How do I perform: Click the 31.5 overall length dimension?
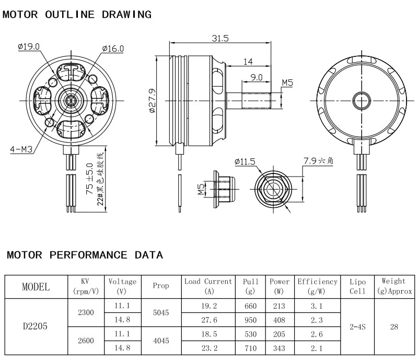coord(220,38)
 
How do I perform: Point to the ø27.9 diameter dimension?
coord(152,101)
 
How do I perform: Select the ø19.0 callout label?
coord(29,47)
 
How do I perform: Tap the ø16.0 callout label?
coord(113,49)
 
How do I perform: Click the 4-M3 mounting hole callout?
coord(21,149)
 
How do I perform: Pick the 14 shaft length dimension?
coord(248,62)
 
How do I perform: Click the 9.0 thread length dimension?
coord(257,77)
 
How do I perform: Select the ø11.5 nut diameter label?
coord(245,161)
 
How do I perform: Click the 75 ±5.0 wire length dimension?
coord(89,179)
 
